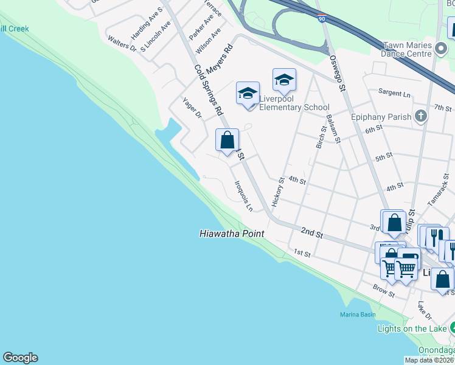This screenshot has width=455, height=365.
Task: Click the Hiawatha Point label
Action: pos(232,234)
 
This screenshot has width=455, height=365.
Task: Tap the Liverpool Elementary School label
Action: pos(294,103)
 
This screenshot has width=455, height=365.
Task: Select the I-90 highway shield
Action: pos(322,19)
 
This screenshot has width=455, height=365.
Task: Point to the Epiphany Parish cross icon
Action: pos(420,116)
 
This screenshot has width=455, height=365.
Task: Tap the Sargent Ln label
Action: pos(394,93)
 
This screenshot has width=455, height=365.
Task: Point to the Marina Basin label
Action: pos(358,315)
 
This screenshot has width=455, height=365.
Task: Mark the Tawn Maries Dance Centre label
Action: pos(408,49)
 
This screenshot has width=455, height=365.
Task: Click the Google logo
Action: pos(20,358)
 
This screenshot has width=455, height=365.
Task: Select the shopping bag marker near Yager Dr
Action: pos(227,141)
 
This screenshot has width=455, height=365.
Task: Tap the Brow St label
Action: pos(384,290)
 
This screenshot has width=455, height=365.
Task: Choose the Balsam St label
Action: pos(332,128)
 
